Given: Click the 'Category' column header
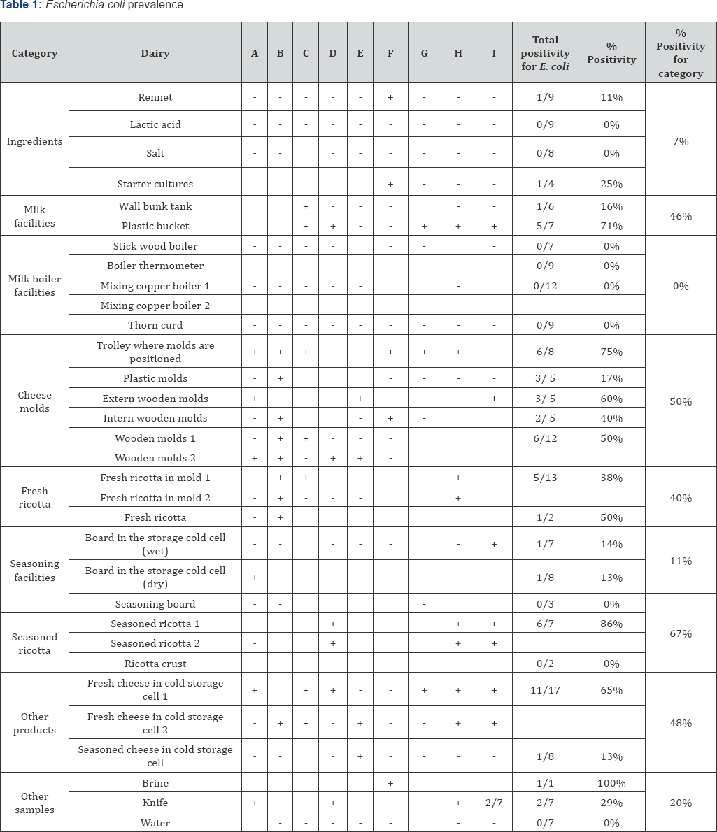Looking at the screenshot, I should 34,53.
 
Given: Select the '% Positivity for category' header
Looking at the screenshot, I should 680,53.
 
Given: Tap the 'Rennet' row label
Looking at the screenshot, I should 155,97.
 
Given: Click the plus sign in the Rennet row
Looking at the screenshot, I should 390,97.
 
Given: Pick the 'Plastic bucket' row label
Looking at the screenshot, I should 155,226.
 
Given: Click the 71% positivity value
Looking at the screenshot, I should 611,226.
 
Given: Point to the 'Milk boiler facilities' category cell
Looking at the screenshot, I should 34,285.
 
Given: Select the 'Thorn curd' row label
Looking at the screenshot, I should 155,325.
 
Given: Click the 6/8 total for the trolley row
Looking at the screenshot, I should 545,352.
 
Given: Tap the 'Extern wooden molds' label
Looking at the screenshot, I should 155,399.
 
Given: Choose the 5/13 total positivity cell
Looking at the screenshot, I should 545,478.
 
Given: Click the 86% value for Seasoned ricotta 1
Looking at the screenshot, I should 611,624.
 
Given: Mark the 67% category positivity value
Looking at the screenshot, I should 680,633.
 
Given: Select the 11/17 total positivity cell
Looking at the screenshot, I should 545,690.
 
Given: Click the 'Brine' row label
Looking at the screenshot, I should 155,783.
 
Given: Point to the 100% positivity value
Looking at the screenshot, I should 611,783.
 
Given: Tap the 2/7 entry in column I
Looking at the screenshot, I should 494,803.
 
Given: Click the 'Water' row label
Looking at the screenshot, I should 155,823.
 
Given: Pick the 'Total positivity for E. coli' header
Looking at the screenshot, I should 545,53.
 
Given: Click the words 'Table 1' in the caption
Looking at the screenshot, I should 17,6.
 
